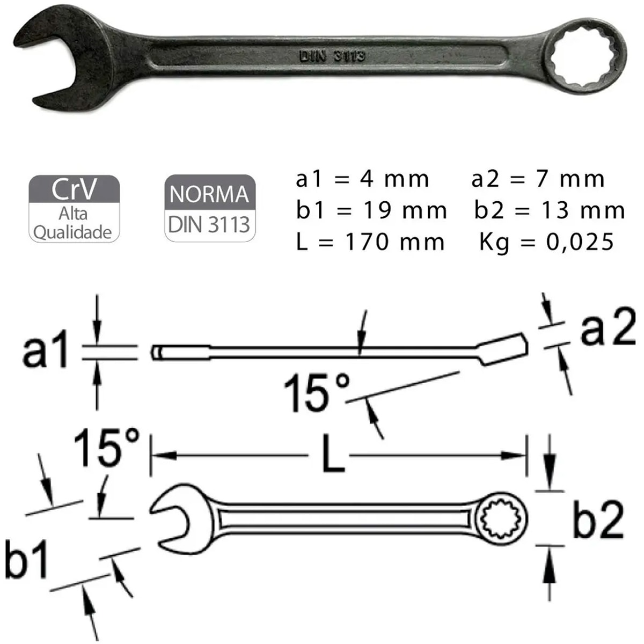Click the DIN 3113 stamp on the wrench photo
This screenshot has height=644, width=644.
(x=332, y=56)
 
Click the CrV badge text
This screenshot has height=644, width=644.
(x=74, y=189)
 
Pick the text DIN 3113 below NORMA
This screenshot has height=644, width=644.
(x=209, y=224)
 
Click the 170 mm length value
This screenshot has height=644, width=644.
(x=394, y=243)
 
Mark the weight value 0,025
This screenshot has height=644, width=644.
(x=580, y=243)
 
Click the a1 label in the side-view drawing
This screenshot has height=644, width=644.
(x=46, y=351)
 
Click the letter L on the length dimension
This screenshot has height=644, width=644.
(x=333, y=455)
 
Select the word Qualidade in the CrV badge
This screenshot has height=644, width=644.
(x=72, y=232)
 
